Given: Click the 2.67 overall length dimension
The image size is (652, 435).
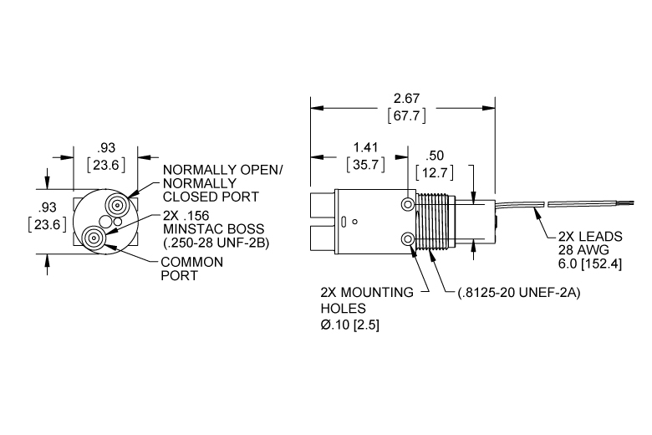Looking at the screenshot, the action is (407, 99).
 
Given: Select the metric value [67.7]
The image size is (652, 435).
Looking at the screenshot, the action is (407, 115).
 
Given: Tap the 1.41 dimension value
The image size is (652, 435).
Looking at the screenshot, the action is (365, 148).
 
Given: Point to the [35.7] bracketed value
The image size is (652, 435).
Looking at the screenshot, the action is (365, 165).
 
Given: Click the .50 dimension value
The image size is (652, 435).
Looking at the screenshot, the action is (435, 156).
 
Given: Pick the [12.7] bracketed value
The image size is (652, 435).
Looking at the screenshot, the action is (435, 172).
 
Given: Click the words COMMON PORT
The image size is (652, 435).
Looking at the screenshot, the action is (192, 269).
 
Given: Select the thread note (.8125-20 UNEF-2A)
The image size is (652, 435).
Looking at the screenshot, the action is (519, 293).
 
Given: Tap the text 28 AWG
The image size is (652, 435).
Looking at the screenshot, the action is (583, 250).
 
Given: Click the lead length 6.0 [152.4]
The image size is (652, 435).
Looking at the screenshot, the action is (590, 264).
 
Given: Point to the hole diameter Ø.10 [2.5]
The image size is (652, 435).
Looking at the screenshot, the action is (349, 325).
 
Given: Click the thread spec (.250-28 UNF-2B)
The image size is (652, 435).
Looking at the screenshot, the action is (216, 243).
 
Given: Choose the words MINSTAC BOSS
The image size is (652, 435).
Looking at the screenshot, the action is (214, 229).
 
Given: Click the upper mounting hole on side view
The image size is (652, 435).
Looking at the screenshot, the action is (408, 204).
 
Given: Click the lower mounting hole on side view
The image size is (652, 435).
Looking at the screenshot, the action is (408, 239).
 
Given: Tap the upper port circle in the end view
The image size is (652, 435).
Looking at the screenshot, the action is (116, 205).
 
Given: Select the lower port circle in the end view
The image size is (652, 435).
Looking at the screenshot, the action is (93, 238).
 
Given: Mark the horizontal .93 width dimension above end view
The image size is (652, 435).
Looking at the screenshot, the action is (106, 148).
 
